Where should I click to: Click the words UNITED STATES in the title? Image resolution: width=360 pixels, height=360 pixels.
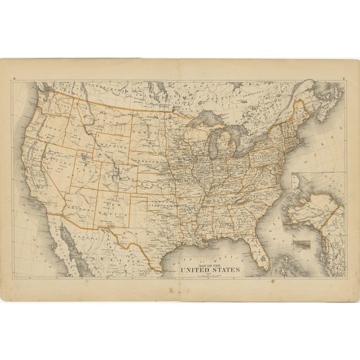pos(210,270)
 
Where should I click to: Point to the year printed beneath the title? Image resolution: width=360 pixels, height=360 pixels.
pos(210,274)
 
